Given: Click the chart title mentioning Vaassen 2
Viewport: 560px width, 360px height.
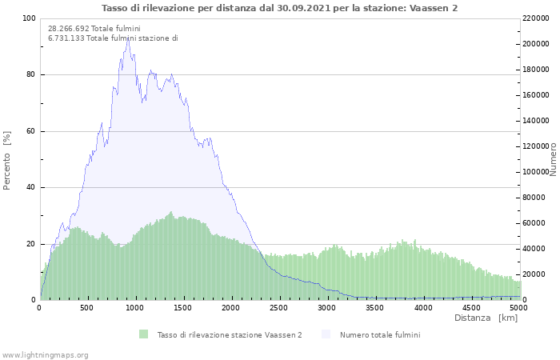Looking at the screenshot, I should click(x=279, y=8).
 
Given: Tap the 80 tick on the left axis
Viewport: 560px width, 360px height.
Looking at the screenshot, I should click(x=30, y=75).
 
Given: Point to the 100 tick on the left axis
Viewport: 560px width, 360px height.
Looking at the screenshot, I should click(x=29, y=18).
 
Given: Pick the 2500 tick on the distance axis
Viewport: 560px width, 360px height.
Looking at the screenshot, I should click(x=279, y=307).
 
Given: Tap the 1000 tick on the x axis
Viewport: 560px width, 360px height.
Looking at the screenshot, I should click(x=135, y=307).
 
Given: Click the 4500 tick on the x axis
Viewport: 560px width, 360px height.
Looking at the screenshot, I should click(x=471, y=307).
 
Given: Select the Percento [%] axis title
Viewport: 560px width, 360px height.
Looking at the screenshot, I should click(x=7, y=159).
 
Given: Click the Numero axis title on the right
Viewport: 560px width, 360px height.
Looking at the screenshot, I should click(x=553, y=159).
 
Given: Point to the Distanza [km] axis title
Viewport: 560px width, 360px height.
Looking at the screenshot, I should click(x=486, y=318).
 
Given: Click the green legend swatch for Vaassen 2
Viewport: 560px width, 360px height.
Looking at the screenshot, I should click(x=144, y=334).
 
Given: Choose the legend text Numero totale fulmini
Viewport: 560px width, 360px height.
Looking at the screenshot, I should click(x=379, y=334).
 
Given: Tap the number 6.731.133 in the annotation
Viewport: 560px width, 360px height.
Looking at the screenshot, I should click(x=66, y=38).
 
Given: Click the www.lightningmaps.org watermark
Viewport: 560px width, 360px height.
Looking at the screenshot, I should click(x=45, y=354).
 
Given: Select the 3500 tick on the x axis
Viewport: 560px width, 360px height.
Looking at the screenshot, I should click(x=375, y=307).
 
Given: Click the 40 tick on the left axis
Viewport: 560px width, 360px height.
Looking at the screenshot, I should click(x=30, y=188).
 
